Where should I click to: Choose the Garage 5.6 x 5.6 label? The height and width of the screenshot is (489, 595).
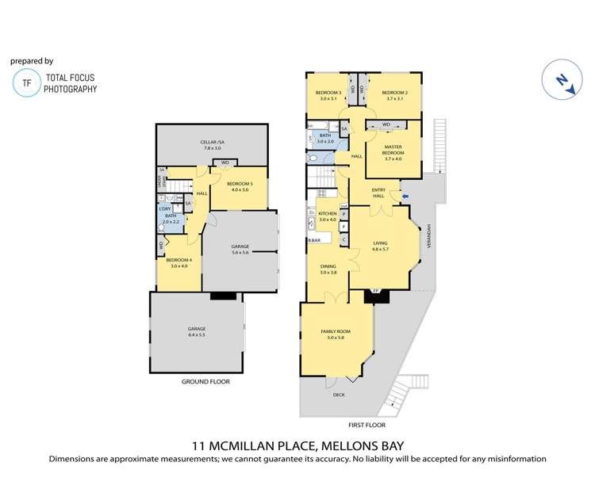coord(240,249)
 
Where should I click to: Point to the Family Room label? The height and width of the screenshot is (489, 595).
coord(337,334)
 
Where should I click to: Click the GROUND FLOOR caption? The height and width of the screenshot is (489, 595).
coord(205,382)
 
